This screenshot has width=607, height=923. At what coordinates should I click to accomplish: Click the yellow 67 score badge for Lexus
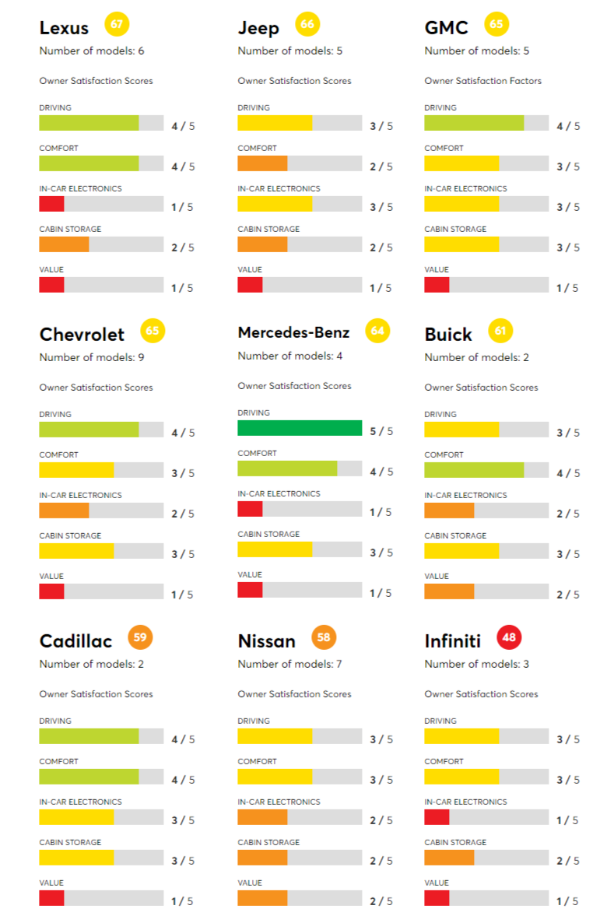[x=116, y=24]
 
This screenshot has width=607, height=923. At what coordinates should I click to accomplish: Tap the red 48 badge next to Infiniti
[x=509, y=638]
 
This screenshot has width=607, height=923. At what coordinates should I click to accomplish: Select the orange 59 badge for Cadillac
[x=140, y=638]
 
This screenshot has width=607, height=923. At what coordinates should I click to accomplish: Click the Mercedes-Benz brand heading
[x=293, y=333]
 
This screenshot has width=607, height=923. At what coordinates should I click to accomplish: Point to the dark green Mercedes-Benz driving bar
[x=300, y=428]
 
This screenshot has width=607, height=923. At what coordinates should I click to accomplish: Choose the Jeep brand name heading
[x=258, y=29]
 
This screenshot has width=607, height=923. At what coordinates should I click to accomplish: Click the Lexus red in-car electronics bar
[x=51, y=204]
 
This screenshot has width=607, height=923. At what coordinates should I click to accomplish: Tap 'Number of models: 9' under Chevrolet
[x=92, y=358]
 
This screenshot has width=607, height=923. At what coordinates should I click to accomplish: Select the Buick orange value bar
[x=449, y=591]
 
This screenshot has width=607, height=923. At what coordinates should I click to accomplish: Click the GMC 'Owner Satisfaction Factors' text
[x=482, y=81]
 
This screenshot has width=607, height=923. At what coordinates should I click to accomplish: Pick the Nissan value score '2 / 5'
[x=381, y=901]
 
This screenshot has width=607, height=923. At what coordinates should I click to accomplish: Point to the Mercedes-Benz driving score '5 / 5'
[x=381, y=431]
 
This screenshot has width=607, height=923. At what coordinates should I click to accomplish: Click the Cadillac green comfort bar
[x=89, y=777]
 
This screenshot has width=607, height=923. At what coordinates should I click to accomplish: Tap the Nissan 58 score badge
[x=324, y=638]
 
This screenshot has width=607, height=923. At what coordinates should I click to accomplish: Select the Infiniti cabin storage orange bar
[x=449, y=858]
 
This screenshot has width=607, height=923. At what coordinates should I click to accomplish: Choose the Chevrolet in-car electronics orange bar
[x=64, y=511]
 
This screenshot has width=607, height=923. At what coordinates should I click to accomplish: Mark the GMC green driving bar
[x=474, y=123]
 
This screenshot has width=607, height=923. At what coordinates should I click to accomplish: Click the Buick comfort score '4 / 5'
[x=568, y=473]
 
